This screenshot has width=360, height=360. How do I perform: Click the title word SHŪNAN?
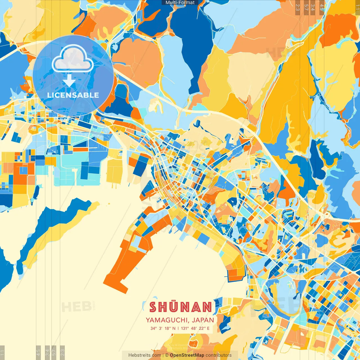180,307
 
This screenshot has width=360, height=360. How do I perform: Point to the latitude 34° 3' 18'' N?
163,328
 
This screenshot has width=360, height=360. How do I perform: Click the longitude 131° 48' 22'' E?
195,328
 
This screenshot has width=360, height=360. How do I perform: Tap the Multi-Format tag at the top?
180,3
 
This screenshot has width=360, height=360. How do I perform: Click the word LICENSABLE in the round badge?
73,95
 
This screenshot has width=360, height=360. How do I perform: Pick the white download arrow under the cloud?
69,81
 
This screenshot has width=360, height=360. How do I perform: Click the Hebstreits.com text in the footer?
145,355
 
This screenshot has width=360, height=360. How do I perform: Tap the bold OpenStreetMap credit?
187,355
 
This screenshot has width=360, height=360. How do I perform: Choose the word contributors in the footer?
219,355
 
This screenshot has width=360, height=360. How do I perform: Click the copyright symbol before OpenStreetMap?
167,355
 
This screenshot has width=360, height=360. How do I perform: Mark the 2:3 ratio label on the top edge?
298,7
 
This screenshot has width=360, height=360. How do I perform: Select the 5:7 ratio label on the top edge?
306,7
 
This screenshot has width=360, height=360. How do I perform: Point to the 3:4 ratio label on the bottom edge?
47,352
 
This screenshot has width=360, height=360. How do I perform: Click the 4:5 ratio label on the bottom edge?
38,352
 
